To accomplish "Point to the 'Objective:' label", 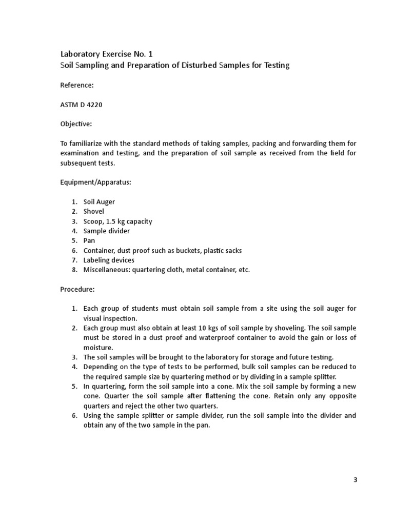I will [76, 124].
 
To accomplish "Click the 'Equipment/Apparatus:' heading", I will [96, 182].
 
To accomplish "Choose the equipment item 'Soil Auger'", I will [100, 202].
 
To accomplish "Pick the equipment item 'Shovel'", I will [94, 212].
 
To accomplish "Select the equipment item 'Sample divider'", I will [107, 231].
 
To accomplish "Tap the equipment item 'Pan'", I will [89, 240].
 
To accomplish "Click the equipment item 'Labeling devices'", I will [109, 260].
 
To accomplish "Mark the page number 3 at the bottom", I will [355, 480].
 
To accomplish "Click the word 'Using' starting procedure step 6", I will [92, 415].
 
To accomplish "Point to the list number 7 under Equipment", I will [74, 260].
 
